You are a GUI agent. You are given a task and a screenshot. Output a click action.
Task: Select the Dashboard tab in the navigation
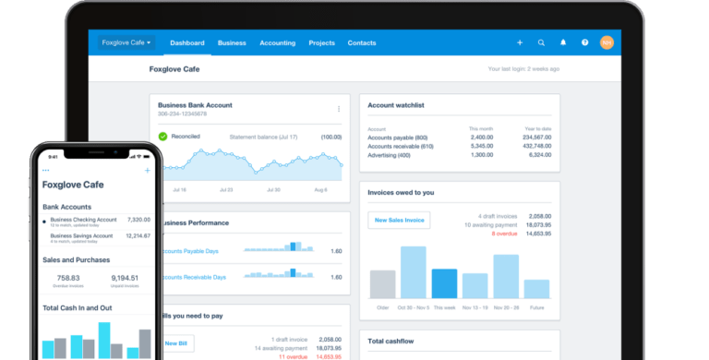[186, 42]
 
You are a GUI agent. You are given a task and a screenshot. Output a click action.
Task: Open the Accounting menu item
[277, 42]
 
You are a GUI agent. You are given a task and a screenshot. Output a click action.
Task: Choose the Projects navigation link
[321, 42]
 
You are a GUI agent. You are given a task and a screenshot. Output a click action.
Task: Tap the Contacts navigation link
[362, 42]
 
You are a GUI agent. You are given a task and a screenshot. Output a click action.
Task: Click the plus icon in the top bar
[520, 42]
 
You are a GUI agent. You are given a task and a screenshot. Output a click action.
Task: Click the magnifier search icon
[541, 42]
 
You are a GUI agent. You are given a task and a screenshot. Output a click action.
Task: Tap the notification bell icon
[563, 42]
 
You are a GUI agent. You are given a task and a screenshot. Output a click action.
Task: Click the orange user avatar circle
[607, 42]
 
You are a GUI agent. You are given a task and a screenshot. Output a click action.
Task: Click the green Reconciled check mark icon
[162, 137]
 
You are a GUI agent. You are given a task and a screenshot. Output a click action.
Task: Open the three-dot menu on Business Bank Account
[339, 109]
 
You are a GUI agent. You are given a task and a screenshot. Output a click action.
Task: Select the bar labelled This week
[444, 282]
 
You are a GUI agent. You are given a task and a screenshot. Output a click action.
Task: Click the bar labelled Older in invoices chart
[382, 283]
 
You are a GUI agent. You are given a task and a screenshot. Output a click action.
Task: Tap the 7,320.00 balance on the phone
[138, 221]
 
